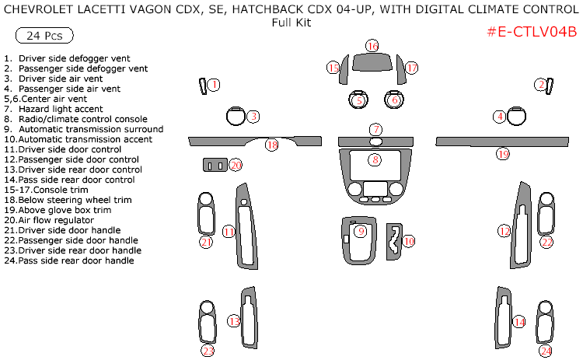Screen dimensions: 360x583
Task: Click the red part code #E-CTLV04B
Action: coord(531,32)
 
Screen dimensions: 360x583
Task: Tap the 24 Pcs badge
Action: coord(44,36)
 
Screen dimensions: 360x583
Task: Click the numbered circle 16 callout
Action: coord(372,47)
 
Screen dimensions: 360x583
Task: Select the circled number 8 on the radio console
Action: coord(375,159)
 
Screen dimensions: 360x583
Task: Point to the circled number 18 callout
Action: coord(271,145)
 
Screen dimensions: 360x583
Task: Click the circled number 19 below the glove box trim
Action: coord(503,154)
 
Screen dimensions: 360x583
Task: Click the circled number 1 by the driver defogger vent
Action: coord(215,84)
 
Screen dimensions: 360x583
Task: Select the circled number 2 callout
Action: coord(540,84)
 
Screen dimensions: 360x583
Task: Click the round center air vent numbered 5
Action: coord(358,100)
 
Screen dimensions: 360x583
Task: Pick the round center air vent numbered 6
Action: coord(395,100)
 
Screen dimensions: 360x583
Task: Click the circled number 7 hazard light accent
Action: coord(375,129)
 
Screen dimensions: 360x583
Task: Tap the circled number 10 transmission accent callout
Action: coord(408,241)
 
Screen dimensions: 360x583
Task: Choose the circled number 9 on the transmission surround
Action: coord(360,231)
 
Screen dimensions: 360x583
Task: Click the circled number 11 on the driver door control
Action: coord(229,231)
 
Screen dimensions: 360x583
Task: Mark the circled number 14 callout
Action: coord(519,321)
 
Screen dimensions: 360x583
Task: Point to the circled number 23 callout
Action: coord(207,351)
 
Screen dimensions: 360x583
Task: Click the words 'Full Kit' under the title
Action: coord(291,22)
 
